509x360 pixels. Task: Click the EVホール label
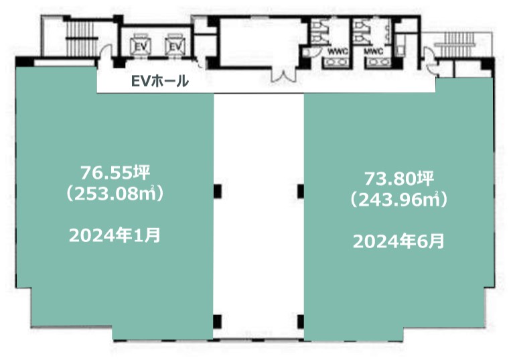pyautogui.click(x=159, y=81)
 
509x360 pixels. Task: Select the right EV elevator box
pyautogui.click(x=175, y=46)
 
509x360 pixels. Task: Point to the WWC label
pyautogui.click(x=338, y=52)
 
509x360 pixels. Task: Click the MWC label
pyautogui.click(x=374, y=52)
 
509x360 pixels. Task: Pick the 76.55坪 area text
pyautogui.click(x=116, y=172)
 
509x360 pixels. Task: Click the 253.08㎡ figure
pyautogui.click(x=115, y=194)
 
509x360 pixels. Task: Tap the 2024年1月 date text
pyautogui.click(x=115, y=235)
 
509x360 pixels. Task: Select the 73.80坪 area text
pyautogui.click(x=399, y=178)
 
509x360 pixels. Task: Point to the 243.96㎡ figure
pyautogui.click(x=399, y=200)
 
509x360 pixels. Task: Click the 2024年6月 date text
pyautogui.click(x=399, y=241)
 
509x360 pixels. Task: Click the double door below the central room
pyautogui.click(x=284, y=75)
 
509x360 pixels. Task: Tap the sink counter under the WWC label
pyautogui.click(x=336, y=62)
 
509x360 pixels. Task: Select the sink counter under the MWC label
pyautogui.click(x=378, y=62)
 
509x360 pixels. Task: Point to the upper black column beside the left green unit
pyautogui.click(x=218, y=191)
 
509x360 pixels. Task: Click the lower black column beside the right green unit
pyautogui.click(x=301, y=321)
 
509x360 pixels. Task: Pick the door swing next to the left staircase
pyautogui.click(x=106, y=52)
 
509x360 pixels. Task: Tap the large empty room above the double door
pyautogui.click(x=261, y=42)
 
